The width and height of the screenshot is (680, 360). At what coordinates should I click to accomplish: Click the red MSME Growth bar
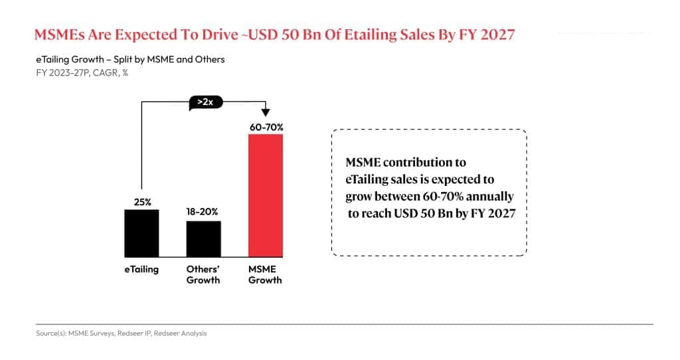click(x=266, y=195)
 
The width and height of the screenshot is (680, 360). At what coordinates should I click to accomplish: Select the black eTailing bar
click(x=141, y=232)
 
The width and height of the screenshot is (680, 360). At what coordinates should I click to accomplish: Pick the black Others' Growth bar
click(x=203, y=238)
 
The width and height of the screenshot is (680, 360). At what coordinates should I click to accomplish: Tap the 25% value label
click(x=141, y=201)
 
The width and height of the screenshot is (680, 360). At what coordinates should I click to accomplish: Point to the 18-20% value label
click(x=203, y=212)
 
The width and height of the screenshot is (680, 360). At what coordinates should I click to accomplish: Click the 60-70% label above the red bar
click(x=265, y=126)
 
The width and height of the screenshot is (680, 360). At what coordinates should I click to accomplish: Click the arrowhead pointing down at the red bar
click(x=266, y=112)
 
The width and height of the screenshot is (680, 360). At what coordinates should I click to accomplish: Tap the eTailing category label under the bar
click(x=141, y=270)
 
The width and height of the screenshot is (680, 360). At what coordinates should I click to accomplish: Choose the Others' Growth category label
click(x=203, y=274)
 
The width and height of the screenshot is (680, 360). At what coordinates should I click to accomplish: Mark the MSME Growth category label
click(x=265, y=274)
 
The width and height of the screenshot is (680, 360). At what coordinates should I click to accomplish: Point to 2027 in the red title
click(x=493, y=35)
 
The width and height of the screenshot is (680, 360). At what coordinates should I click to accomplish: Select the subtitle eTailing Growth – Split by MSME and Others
click(x=130, y=59)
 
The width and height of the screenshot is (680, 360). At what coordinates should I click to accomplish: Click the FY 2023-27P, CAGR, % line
click(x=82, y=72)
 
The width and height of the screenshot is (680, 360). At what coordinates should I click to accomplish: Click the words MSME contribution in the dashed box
click(x=406, y=162)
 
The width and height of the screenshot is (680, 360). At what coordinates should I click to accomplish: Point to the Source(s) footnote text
click(x=121, y=333)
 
